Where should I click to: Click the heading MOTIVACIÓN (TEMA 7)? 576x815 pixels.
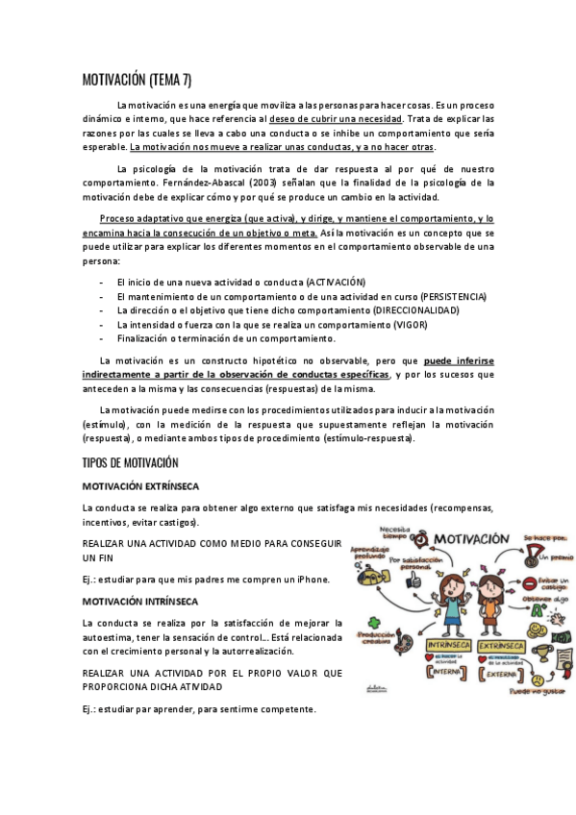point(137,80)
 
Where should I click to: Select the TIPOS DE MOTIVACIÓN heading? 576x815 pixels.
point(130,463)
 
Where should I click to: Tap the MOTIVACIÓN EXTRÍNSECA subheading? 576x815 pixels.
point(147,487)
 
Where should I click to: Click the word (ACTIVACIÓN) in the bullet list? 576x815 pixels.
point(336,282)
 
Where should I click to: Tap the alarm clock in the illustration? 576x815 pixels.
point(418,535)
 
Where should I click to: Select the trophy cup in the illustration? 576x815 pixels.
point(543,654)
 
